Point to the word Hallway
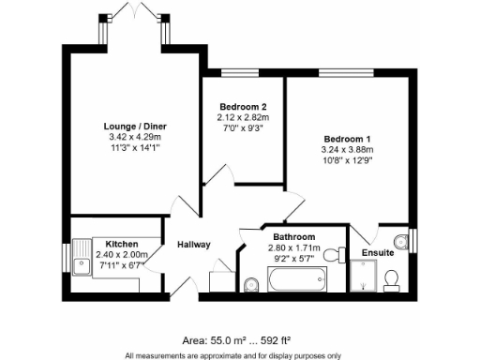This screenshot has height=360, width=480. tap(194, 245)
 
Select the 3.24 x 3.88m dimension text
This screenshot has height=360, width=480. tap(347, 148)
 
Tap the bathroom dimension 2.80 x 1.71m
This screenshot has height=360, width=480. tap(294, 247)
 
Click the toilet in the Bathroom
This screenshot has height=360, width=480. tap(250, 284)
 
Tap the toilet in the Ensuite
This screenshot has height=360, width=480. tap(392, 278)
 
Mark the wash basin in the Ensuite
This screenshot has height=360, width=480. tap(403, 239)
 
